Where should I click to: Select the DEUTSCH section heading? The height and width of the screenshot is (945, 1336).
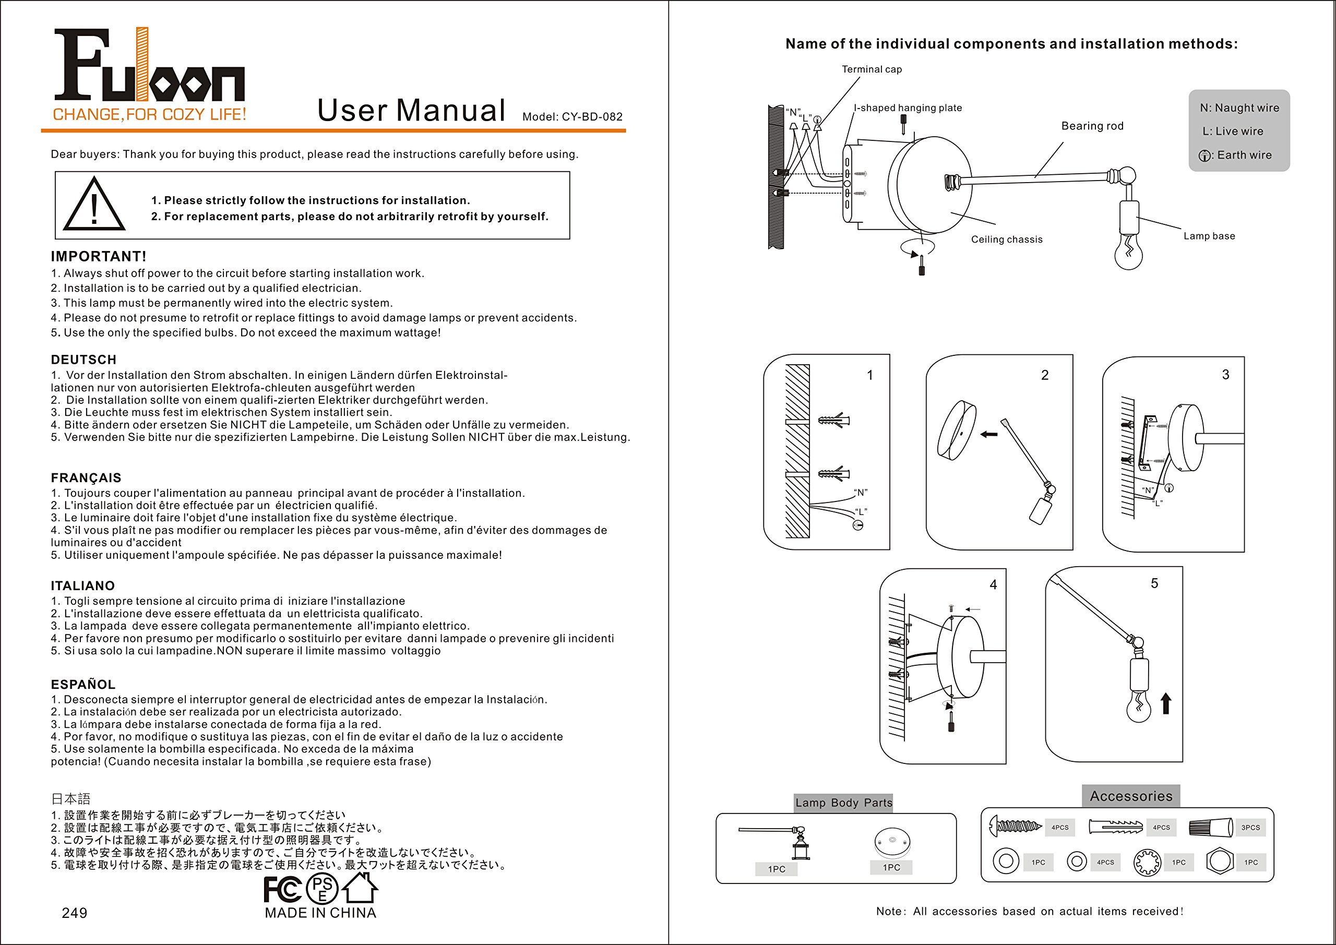click(x=84, y=360)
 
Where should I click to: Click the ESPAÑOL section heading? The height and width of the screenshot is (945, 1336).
click(x=83, y=684)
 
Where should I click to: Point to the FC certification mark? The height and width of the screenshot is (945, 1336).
click(x=282, y=889)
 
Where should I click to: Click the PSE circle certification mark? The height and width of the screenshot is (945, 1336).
click(x=323, y=889)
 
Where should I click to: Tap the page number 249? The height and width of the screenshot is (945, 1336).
click(x=75, y=913)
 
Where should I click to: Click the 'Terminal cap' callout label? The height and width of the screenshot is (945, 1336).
click(x=872, y=69)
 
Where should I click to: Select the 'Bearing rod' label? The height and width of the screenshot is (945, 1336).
click(x=1092, y=126)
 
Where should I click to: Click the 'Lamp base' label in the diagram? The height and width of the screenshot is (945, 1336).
click(x=1209, y=236)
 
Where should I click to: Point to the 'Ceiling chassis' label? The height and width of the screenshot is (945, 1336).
click(x=1007, y=239)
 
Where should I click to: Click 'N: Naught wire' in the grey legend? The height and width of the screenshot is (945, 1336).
click(x=1239, y=107)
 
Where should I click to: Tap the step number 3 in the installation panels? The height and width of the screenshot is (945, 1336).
click(x=1225, y=375)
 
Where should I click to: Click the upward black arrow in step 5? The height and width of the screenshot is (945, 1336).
click(x=1165, y=703)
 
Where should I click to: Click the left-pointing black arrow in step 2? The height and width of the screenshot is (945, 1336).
click(x=988, y=434)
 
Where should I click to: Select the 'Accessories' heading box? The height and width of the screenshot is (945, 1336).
click(x=1130, y=796)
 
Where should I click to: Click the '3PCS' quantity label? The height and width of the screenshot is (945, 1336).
click(x=1250, y=828)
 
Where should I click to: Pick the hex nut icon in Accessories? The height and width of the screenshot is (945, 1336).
click(x=1220, y=862)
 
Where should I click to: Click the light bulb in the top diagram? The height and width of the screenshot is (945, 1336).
click(x=1128, y=252)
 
